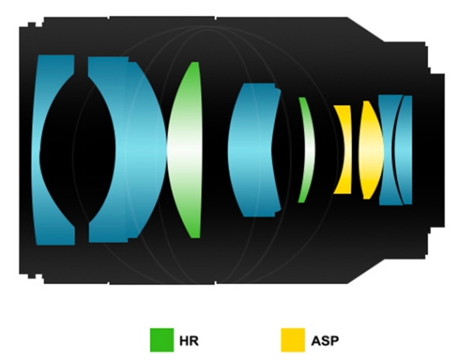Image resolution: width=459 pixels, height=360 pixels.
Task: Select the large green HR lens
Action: point(185,150)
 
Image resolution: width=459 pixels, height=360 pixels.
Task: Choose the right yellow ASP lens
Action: point(370,150)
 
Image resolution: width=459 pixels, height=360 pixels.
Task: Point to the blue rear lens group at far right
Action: point(395,150)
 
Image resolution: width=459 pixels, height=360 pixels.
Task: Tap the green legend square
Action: point(162,340)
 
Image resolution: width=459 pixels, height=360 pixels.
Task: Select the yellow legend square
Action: point(293,340)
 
